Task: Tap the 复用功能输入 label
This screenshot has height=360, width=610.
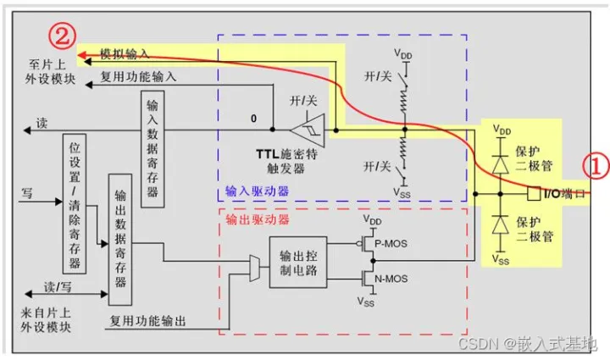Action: [139, 75]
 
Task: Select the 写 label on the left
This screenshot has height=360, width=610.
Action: [28, 192]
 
